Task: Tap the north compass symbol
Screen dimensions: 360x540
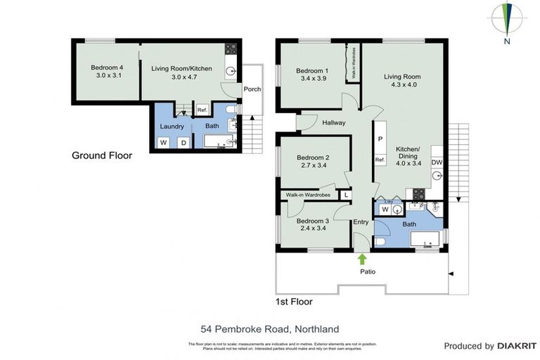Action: pyautogui.click(x=506, y=22)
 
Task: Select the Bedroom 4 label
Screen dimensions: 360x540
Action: pyautogui.click(x=107, y=68)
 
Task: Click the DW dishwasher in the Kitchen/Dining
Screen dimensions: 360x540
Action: pyautogui.click(x=437, y=162)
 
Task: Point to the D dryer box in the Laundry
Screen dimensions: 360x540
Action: pyautogui.click(x=184, y=143)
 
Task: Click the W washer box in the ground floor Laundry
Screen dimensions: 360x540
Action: pyautogui.click(x=165, y=143)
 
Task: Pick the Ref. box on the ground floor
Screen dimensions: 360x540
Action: pyautogui.click(x=202, y=110)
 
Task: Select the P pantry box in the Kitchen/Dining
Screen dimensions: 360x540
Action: pyautogui.click(x=380, y=139)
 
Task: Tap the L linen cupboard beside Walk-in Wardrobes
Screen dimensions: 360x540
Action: pyautogui.click(x=345, y=195)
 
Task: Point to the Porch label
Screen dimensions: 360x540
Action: pyautogui.click(x=252, y=89)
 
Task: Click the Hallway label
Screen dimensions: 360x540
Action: pyautogui.click(x=333, y=123)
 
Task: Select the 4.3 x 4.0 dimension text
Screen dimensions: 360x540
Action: pyautogui.click(x=401, y=85)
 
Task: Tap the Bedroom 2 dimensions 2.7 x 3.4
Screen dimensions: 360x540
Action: pyautogui.click(x=312, y=166)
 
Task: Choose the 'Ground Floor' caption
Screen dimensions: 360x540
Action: pyautogui.click(x=101, y=155)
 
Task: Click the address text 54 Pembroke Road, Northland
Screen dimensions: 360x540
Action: pyautogui.click(x=270, y=328)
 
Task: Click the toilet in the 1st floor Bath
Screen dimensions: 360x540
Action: pyautogui.click(x=380, y=241)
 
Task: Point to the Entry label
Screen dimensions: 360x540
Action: pyautogui.click(x=361, y=222)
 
